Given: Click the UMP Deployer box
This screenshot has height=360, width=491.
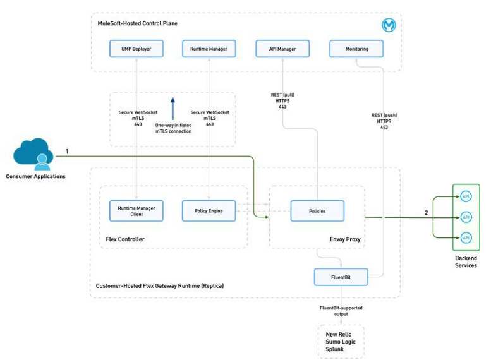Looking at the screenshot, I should (x=136, y=49).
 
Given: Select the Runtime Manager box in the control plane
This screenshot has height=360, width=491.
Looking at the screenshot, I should (x=210, y=49).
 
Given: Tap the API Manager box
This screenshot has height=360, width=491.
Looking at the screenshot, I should (x=283, y=49).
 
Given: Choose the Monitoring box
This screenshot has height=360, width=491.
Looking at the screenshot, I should (x=357, y=49).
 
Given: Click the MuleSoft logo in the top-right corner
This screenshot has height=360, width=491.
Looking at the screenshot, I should (x=388, y=25).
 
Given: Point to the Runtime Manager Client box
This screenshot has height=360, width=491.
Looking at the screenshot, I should (x=136, y=211).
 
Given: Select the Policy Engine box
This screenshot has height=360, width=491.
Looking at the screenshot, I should (x=209, y=211).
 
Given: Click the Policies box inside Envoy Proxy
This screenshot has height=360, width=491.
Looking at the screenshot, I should (x=317, y=211).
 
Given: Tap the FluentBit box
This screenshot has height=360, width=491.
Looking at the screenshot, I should (x=341, y=277).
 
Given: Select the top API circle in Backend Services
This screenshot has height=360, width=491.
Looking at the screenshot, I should (x=466, y=196).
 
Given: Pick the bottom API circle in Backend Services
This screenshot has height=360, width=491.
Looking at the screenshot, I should (x=466, y=237).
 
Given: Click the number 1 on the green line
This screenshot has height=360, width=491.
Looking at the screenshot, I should (x=67, y=152).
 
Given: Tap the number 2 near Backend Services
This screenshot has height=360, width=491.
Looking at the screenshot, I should (x=426, y=213).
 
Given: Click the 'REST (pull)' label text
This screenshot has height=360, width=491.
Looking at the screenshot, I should (x=282, y=95).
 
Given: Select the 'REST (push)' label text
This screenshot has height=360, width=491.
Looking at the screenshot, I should (x=384, y=115).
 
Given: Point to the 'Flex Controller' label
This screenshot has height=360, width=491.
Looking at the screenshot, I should (x=124, y=239).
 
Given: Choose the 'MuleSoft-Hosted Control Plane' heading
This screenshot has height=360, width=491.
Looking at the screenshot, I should (x=137, y=23).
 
